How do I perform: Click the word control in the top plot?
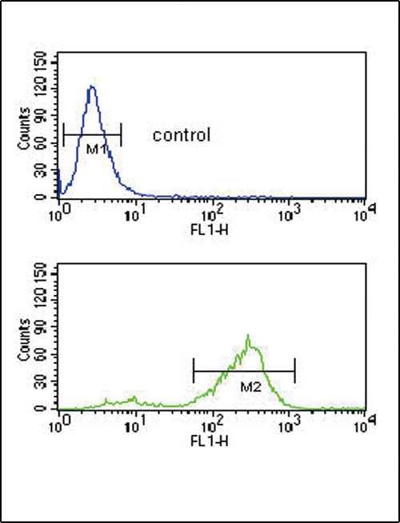pyautogui.click(x=182, y=135)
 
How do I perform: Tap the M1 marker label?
pyautogui.click(x=96, y=150)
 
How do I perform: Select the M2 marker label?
pyautogui.click(x=250, y=387)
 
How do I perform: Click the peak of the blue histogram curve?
pyautogui.click(x=92, y=86)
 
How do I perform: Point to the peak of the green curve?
pyautogui.click(x=248, y=335)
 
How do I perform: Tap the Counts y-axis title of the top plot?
pyautogui.click(x=24, y=129)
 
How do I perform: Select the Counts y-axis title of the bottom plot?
pyautogui.click(x=24, y=340)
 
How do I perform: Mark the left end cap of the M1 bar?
pyautogui.click(x=63, y=135)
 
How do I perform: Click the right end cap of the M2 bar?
pyautogui.click(x=294, y=371)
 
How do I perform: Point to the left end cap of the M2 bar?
pyautogui.click(x=194, y=371)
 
